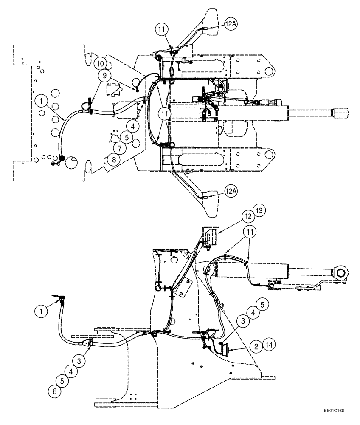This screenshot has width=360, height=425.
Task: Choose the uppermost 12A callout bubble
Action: click(x=231, y=24)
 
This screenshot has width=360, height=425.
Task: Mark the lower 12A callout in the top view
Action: click(x=231, y=192)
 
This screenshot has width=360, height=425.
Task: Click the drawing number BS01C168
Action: click(x=333, y=411)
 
